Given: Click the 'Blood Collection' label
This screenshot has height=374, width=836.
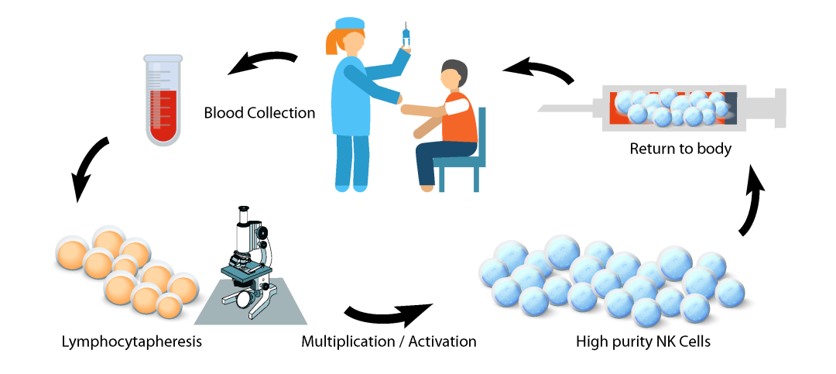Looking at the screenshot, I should [259, 112].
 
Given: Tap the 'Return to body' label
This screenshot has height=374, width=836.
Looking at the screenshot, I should [680, 149].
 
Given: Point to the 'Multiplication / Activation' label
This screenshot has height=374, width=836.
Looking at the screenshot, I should [389, 341].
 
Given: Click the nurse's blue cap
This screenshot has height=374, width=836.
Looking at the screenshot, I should [348, 22].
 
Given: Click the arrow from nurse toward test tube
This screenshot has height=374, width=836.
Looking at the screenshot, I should [262, 62].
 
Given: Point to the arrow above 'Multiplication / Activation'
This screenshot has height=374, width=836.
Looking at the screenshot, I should [387, 314].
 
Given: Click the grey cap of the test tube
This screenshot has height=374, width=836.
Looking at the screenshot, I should [163, 58].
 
